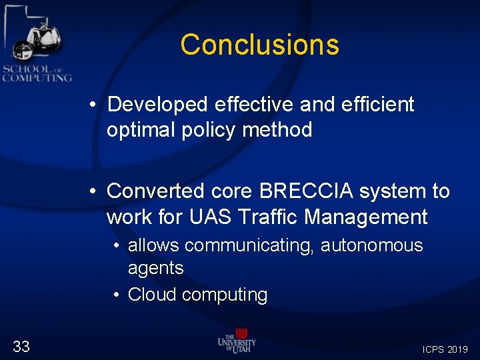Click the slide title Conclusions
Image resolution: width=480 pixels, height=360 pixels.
coord(259,45)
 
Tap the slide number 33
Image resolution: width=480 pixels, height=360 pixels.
coord(21,345)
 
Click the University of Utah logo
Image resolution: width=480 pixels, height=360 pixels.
coord(237,341)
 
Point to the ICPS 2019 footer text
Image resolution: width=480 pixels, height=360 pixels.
coord(445,349)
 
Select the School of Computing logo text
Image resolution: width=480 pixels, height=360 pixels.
coord(37,73)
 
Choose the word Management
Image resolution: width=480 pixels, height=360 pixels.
coord(370,217)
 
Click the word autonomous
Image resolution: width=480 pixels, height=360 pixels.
coord(372,245)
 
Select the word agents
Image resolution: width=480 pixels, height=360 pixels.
coord(155,269)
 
